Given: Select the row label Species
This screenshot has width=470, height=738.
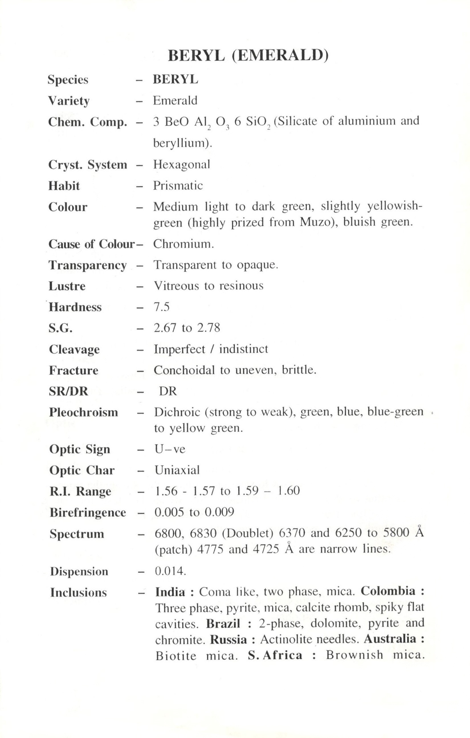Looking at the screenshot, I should tap(68, 80).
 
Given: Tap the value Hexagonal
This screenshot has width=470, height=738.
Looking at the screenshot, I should tap(182, 165).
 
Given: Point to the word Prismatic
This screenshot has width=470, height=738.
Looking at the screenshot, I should tap(178, 186).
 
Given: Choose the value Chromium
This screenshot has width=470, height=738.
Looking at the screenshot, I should tap(183, 244).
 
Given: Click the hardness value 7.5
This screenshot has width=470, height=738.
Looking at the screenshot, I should tap(162, 307).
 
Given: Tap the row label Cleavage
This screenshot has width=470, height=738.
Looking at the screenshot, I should tap(74, 349).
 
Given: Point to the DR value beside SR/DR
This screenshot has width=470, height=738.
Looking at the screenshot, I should tap(168, 392).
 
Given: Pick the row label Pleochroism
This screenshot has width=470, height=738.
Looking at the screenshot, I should tap(84, 412).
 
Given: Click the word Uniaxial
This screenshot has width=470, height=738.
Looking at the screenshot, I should tap(177, 470).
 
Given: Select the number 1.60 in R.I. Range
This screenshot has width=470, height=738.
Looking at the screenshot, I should tap(288, 491).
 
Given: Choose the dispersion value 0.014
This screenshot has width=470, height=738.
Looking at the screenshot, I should tap(170, 571).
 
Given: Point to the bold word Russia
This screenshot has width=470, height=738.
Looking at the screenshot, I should tap(228, 640).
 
